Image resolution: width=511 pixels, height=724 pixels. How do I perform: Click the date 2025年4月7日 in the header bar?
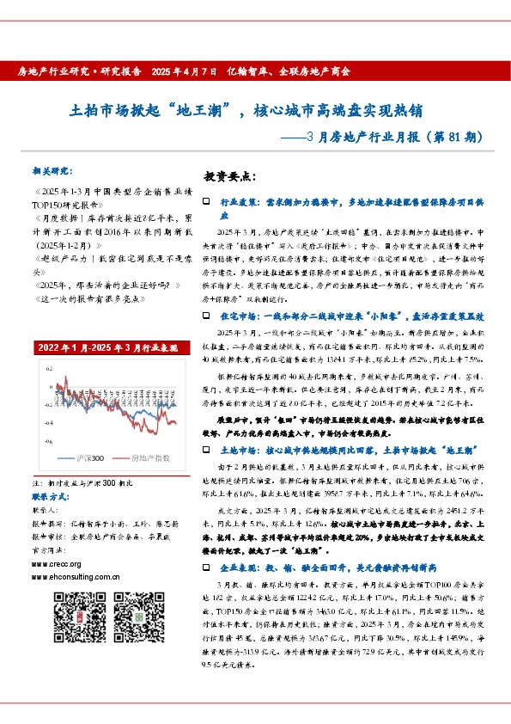188,71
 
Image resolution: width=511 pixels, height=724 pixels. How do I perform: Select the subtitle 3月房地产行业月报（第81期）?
387,137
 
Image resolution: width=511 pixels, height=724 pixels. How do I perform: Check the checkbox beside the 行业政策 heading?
205,201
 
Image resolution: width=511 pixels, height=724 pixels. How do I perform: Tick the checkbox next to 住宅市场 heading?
205,316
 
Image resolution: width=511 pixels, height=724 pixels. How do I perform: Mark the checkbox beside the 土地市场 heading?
205,450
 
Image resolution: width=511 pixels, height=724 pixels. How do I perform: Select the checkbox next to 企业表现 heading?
205,568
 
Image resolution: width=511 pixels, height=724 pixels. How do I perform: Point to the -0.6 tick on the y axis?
38,440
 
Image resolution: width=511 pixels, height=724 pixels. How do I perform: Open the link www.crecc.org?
54,564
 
